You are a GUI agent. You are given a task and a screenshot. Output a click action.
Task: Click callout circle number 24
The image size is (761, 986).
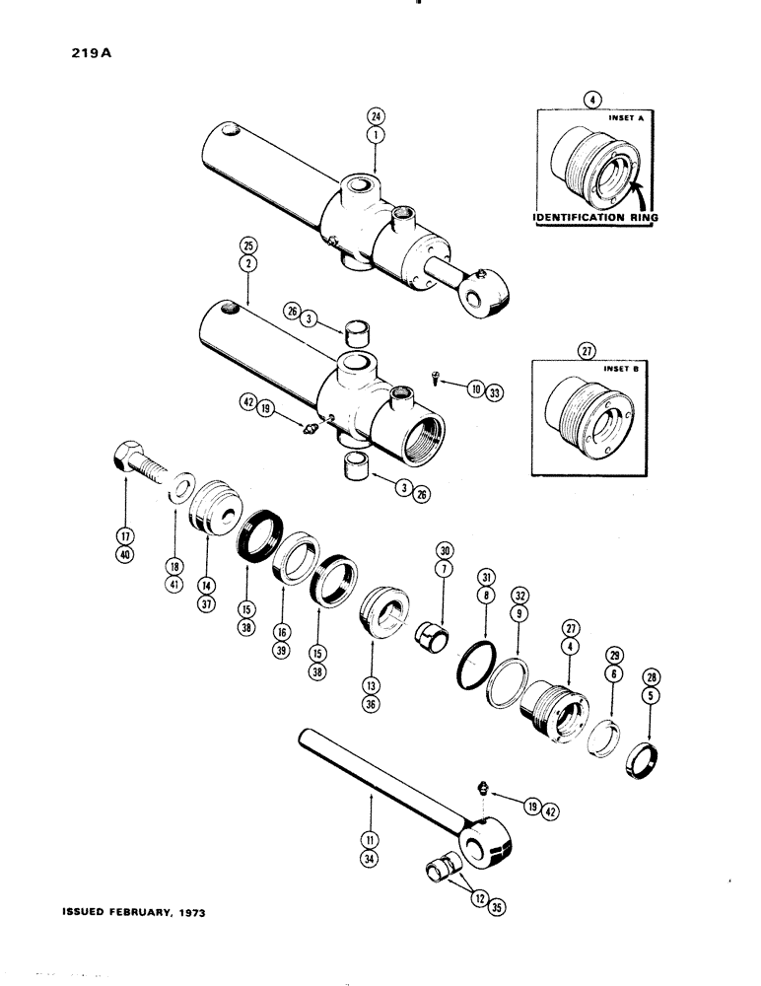click(375, 112)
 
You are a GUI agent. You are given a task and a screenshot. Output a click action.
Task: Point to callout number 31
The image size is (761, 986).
click(485, 576)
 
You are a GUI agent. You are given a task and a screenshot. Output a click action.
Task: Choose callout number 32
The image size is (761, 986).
click(519, 596)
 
